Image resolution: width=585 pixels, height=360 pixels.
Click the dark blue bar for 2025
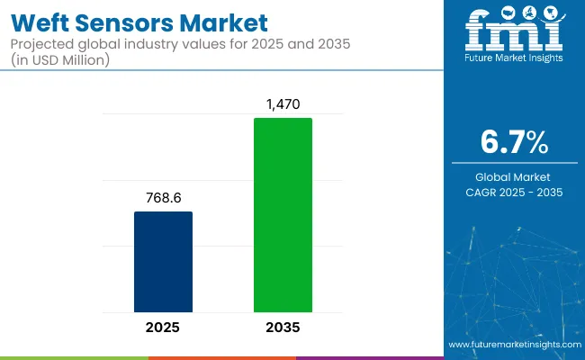click(163, 262)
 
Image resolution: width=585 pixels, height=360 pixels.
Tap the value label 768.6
click(163, 196)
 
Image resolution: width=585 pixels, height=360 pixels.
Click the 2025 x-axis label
click(163, 327)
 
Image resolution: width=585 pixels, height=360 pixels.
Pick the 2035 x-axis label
click(283, 327)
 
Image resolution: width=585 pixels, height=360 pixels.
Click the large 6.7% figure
click(514, 141)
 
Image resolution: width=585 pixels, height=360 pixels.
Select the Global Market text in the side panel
click(514, 176)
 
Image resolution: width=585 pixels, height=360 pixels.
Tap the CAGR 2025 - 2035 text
click(514, 192)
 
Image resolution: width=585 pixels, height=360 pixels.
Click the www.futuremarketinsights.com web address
click(513, 345)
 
